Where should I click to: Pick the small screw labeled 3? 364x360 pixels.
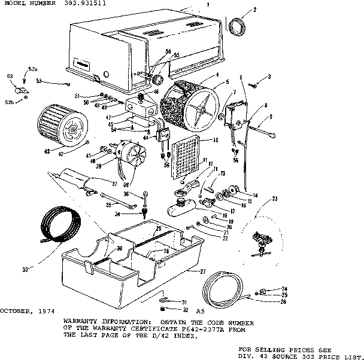point(253,86)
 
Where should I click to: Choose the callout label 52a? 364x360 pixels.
point(32,69)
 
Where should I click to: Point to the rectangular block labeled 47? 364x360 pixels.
point(141,108)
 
